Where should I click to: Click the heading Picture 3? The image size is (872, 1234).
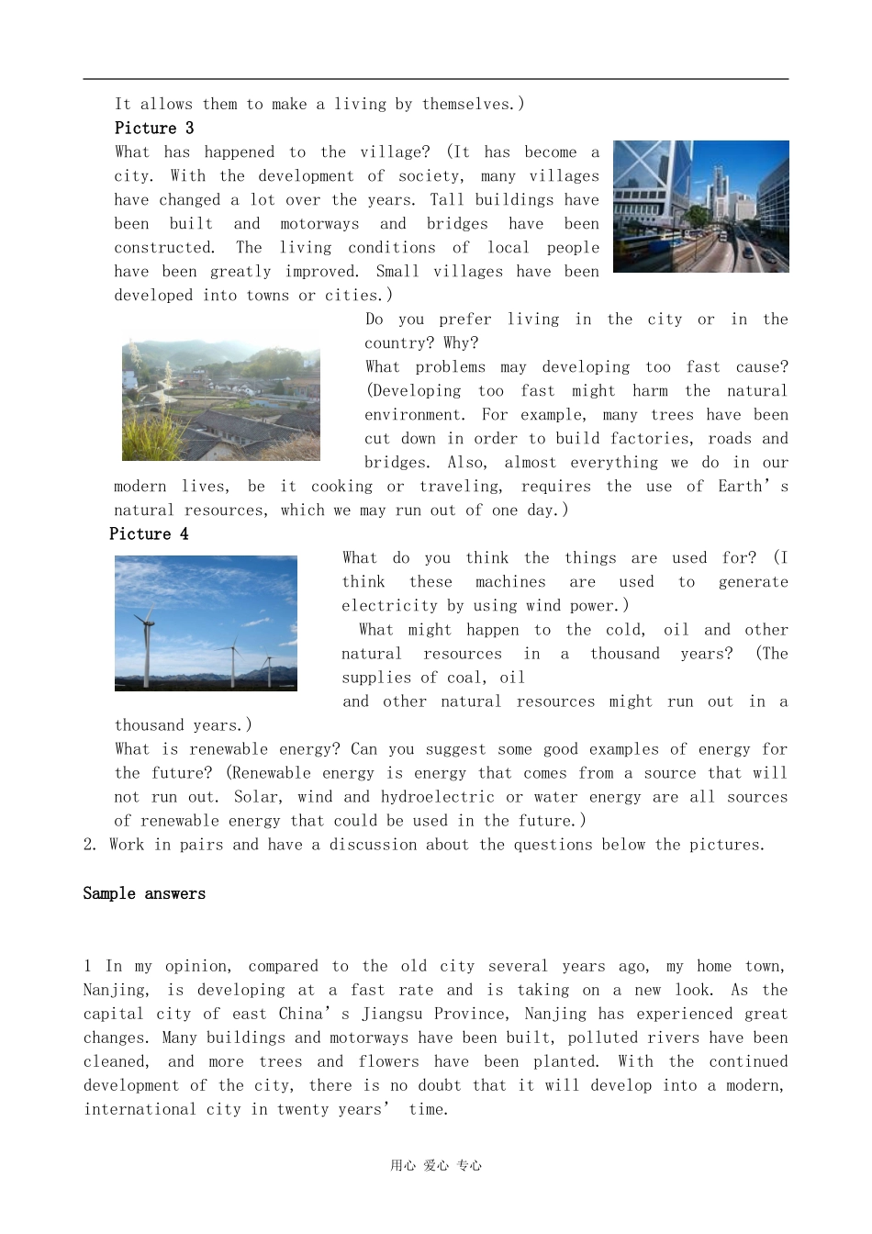(153, 129)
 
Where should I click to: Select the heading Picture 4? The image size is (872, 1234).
(149, 534)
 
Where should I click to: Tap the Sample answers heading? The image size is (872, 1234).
(144, 894)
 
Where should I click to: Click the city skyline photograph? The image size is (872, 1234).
(700, 207)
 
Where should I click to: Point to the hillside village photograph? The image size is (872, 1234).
(220, 400)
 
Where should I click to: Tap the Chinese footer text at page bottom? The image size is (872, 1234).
(435, 1166)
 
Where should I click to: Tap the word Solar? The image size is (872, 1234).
(257, 797)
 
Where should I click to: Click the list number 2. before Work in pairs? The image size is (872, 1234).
(90, 845)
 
